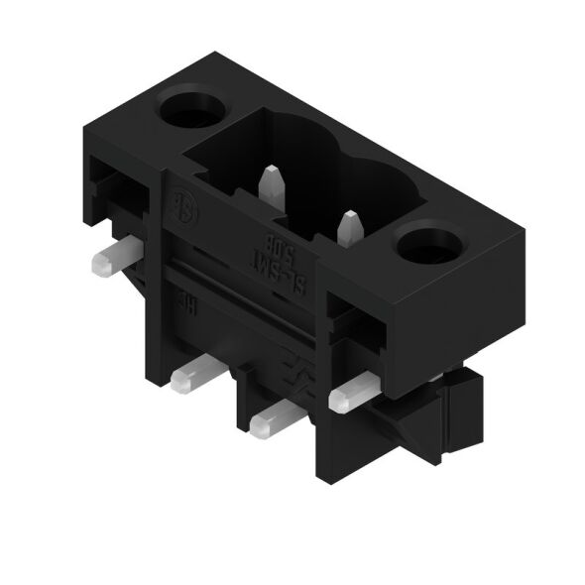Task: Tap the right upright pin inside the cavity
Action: point(347,229)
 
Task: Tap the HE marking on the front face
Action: point(185,301)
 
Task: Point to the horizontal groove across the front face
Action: point(248,288)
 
